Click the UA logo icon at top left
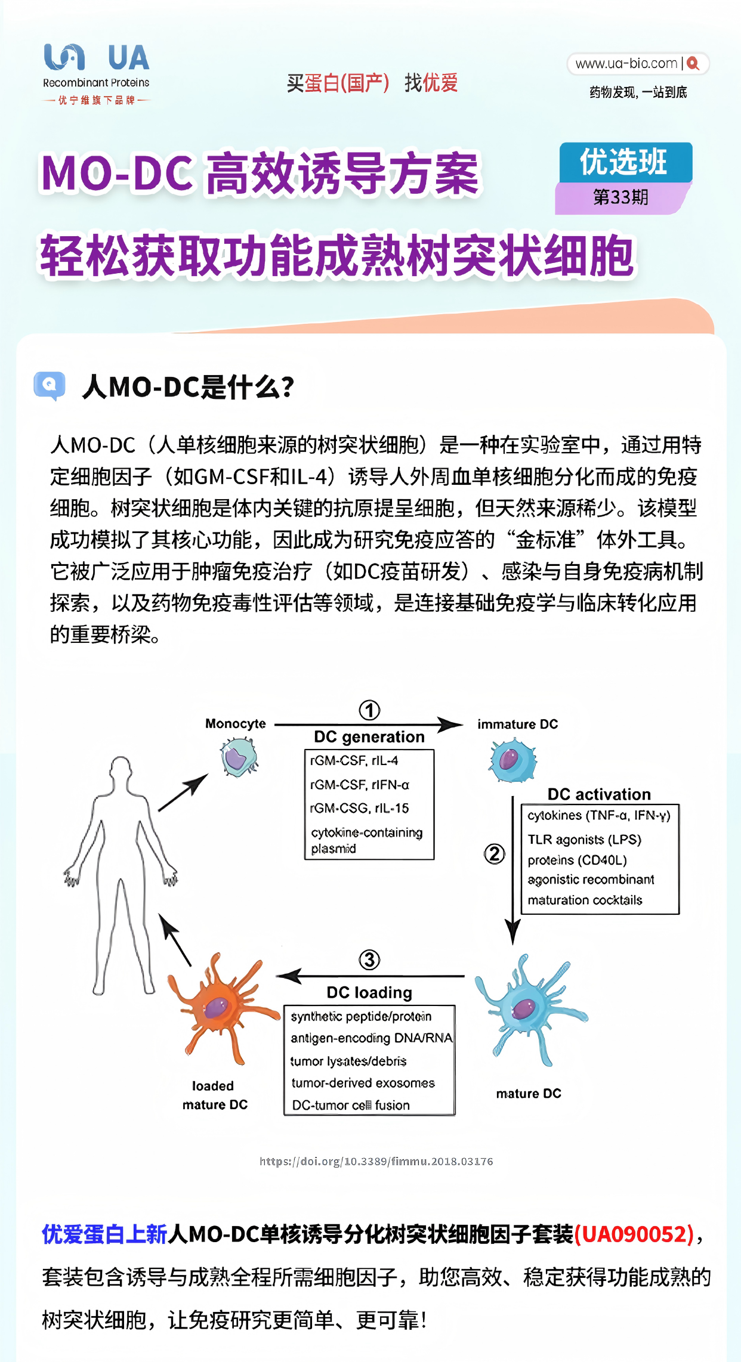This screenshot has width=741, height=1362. (64, 57)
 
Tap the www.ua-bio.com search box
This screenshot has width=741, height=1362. (626, 64)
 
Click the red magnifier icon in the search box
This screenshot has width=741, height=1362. (693, 64)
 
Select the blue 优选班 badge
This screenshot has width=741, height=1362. (625, 162)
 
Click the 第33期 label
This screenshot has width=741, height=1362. (620, 197)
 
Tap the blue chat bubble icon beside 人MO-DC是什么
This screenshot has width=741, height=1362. (50, 385)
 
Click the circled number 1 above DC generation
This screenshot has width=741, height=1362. (369, 710)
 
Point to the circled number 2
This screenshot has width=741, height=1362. (494, 853)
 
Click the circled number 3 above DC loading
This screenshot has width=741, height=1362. (369, 959)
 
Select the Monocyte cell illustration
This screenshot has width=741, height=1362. (239, 757)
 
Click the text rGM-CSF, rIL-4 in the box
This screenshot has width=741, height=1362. (354, 760)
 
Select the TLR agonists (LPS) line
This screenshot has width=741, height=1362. (584, 840)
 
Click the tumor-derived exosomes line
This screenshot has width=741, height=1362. (363, 1083)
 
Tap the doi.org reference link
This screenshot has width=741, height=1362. (376, 1161)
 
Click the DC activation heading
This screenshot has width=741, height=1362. (599, 794)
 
